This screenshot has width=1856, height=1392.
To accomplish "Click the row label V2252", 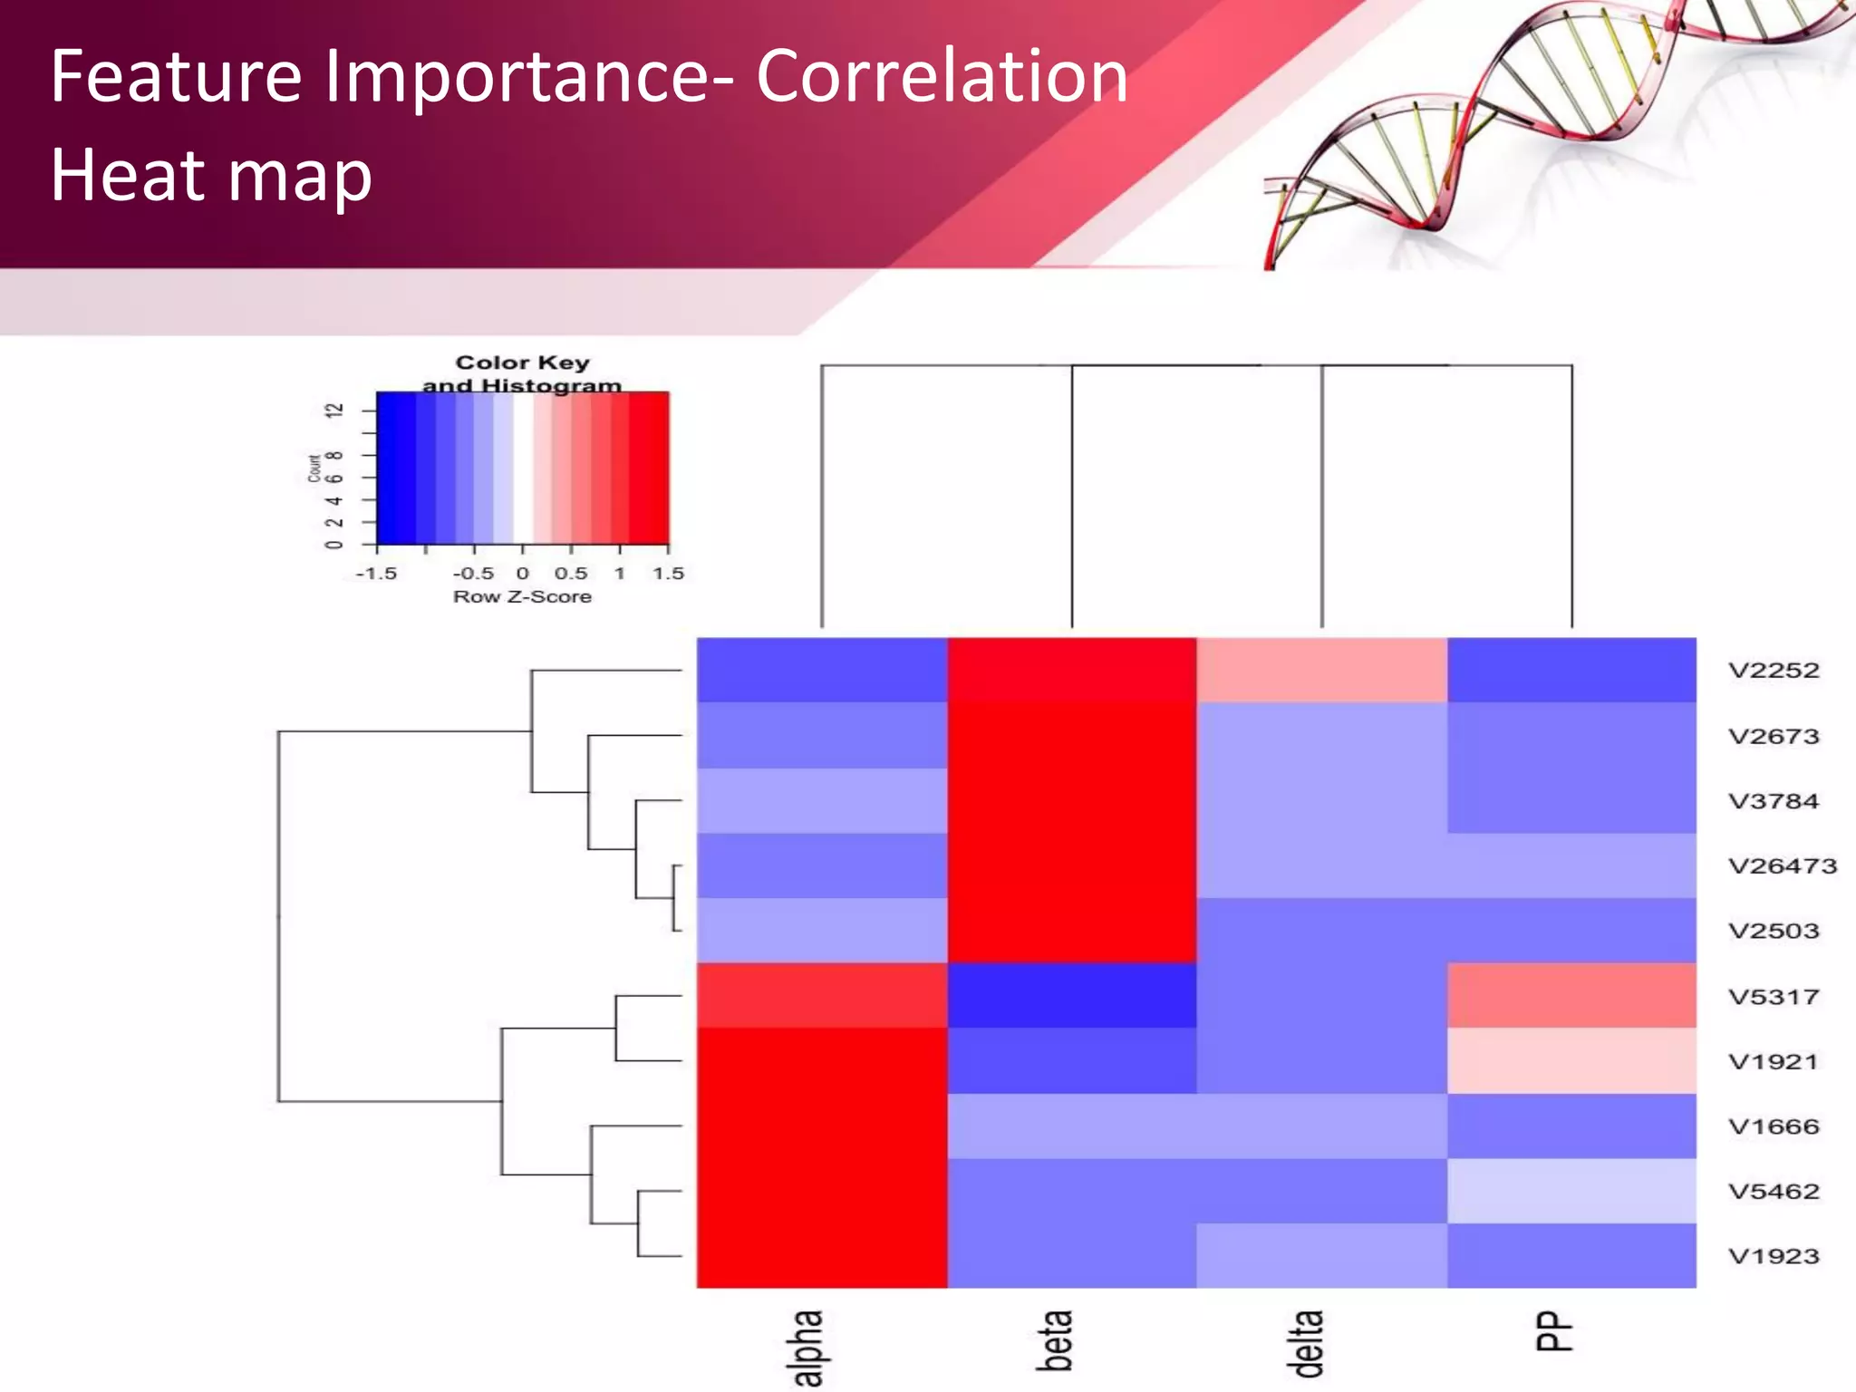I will click(x=1773, y=671).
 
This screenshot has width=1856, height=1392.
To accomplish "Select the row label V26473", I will click(x=1782, y=866).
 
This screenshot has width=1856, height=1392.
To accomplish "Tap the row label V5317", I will click(x=1773, y=997).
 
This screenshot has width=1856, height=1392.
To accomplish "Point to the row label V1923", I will click(x=1773, y=1257).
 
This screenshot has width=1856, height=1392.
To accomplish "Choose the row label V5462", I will click(x=1773, y=1192).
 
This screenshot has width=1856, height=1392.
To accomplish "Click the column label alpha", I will click(x=807, y=1347).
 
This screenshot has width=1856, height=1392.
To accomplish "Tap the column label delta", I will click(x=1306, y=1343).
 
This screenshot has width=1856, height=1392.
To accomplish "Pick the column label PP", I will click(x=1553, y=1331).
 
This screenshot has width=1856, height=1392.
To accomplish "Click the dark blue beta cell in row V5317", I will click(x=1072, y=995).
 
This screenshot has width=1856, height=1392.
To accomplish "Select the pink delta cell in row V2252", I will click(x=1321, y=670).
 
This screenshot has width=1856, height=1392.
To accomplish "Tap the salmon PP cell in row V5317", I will click(x=1571, y=995).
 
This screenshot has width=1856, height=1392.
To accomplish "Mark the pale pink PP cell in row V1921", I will click(x=1571, y=1060).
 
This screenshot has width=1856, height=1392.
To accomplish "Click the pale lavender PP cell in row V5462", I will click(x=1571, y=1191).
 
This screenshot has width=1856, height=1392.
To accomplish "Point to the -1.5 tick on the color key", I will click(x=376, y=574).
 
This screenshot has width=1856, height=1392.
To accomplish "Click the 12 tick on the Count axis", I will click(x=334, y=411).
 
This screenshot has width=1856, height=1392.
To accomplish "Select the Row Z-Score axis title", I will click(x=522, y=597).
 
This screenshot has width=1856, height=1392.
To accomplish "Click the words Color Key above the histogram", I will click(x=522, y=362).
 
